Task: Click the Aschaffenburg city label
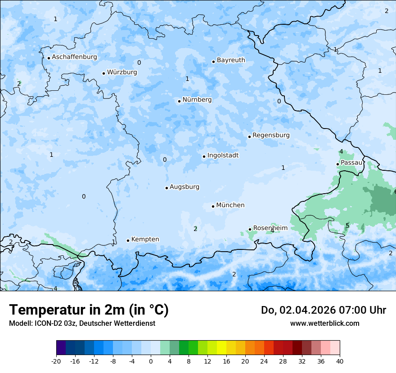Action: tap(74, 57)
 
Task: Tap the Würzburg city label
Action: tap(122, 72)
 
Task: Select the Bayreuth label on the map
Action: tap(231, 60)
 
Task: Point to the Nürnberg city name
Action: tap(197, 100)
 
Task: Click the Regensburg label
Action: tap(271, 135)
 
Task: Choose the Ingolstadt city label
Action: tap(223, 155)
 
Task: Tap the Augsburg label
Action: tap(184, 187)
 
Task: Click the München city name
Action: tap(230, 205)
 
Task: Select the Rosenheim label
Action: tap(270, 228)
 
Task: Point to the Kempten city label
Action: tap(145, 240)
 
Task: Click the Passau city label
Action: tap(351, 163)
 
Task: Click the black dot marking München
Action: tap(213, 206)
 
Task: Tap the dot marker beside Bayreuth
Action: tap(214, 62)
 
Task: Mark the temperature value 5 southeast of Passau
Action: tap(347, 226)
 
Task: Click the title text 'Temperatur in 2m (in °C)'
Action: tap(89, 310)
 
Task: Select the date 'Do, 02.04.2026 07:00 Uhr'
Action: tap(324, 310)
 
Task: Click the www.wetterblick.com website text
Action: tap(324, 324)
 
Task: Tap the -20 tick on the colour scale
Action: tap(56, 361)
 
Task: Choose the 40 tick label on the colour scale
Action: tap(339, 361)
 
